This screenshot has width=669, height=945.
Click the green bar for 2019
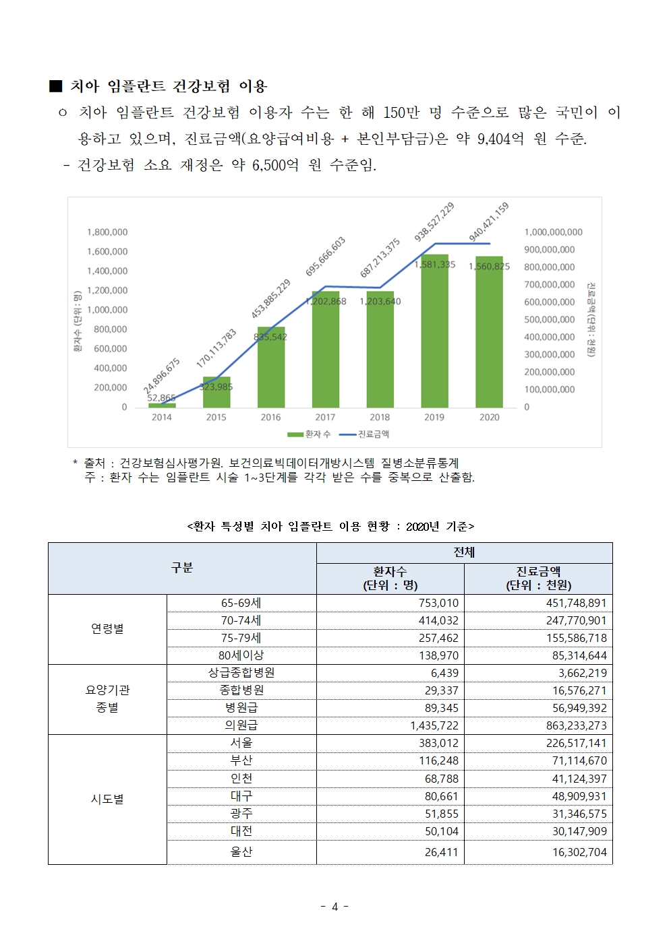click(434, 331)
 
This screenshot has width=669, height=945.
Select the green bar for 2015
click(216, 393)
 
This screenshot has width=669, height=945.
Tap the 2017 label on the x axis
click(325, 418)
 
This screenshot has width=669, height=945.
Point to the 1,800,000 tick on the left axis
click(107, 232)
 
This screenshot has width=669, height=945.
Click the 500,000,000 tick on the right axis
click(549, 320)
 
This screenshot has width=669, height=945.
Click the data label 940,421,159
click(488, 222)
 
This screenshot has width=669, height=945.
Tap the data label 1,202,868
click(326, 302)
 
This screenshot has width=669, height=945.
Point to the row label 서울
click(241, 743)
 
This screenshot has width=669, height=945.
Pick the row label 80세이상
click(241, 655)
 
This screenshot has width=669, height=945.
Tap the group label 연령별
click(107, 628)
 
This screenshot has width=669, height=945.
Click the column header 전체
click(464, 552)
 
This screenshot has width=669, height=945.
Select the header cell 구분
click(182, 568)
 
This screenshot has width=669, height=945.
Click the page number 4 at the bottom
click(334, 907)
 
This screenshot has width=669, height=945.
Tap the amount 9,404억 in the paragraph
click(500, 139)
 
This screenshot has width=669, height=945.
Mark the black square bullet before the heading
click(55, 86)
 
